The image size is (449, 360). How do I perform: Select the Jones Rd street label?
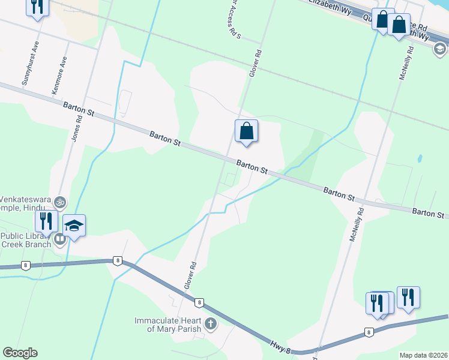tap(76, 128)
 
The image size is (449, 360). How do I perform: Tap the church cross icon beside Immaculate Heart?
tap(210, 324)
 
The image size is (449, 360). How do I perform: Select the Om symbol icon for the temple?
tap(59, 202)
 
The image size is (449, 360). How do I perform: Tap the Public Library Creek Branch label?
tap(27, 239)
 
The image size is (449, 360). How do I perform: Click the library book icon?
tap(59, 239)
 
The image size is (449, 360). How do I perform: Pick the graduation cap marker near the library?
tap(74, 226)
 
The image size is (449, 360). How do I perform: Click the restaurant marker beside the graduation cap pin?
tap(46, 220)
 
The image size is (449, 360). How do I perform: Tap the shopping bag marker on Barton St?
tap(246, 131)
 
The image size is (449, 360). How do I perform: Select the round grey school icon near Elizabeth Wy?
tap(440, 49)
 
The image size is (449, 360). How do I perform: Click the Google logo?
tap(20, 353)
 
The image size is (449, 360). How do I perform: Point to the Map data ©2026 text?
tap(423, 355)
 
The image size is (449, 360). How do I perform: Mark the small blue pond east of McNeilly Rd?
tap(419, 159)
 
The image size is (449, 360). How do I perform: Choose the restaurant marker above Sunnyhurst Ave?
tap(38, 7)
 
